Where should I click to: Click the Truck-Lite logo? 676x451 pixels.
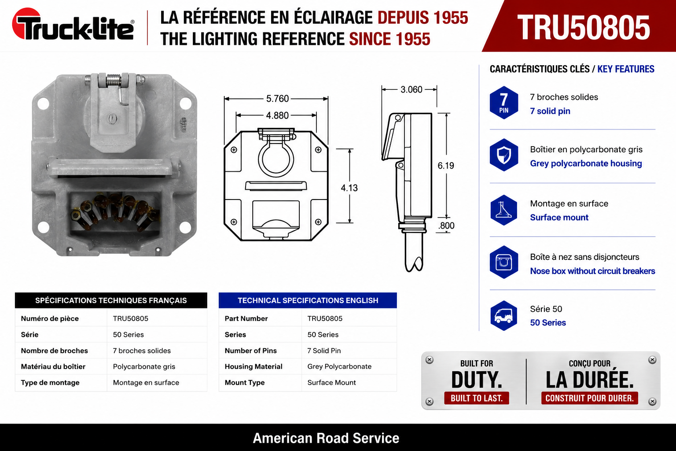point(73,24)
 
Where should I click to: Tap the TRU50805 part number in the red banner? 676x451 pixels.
point(583,27)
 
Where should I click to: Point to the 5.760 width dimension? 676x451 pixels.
point(277,99)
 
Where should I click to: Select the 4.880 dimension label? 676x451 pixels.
point(277,115)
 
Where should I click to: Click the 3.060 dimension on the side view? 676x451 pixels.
point(411,89)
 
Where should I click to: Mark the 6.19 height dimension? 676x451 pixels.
point(446,166)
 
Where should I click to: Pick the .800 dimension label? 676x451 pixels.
point(446,225)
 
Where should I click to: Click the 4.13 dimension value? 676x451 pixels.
point(349,188)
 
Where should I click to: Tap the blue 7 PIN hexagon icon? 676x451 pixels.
point(503,103)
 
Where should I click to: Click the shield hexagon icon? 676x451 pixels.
point(503,155)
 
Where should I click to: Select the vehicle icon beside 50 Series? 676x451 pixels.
point(503,315)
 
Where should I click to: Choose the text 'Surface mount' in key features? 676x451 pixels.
point(559,218)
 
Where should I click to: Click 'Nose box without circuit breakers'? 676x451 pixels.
point(593,271)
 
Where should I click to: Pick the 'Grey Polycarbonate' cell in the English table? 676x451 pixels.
point(339,366)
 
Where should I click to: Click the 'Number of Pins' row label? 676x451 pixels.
point(250,351)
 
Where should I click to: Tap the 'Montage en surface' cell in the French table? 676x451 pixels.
point(146,383)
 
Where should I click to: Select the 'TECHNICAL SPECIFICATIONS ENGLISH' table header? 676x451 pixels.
point(308,300)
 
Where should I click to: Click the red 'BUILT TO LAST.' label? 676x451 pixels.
point(477,398)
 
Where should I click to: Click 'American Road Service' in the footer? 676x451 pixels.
point(326,438)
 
